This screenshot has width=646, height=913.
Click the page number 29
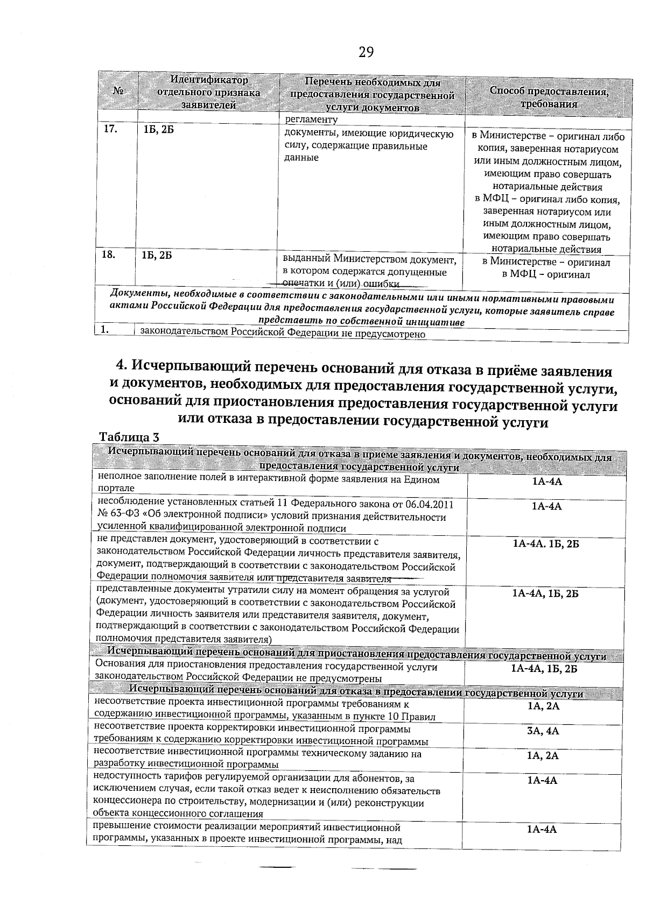[366, 52]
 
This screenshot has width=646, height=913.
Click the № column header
[118, 92]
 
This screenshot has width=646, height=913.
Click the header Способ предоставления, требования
[549, 97]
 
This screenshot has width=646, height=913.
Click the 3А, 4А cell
[543, 731]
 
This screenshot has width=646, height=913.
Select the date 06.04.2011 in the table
[426, 504]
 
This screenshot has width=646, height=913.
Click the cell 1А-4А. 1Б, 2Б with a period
[545, 544]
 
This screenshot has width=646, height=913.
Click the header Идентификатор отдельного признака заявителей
[209, 93]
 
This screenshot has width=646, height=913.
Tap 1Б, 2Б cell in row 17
[158, 131]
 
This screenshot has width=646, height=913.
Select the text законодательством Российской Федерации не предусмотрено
[283, 334]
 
